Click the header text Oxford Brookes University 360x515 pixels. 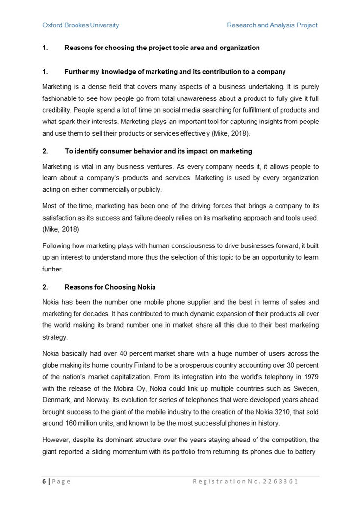[x=80, y=25]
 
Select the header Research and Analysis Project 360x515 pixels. [x=272, y=25]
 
